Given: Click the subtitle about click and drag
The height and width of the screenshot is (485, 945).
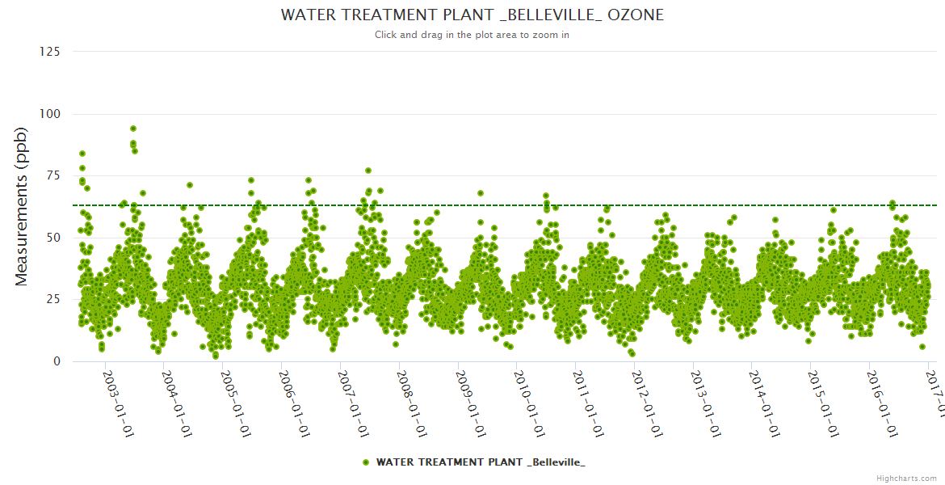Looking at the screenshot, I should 472,35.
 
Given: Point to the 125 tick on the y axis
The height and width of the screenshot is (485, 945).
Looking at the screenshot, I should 49,52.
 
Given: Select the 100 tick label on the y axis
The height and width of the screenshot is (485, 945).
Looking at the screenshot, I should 49,114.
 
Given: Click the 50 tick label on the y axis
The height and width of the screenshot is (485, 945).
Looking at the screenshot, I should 52,238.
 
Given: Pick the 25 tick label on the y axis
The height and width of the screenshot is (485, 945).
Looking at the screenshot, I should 52,299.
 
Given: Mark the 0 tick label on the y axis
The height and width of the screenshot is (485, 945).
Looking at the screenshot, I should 57,361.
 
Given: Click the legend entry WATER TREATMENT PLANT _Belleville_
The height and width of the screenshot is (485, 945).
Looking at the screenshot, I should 481,462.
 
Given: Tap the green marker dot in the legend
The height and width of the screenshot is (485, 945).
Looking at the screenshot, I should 366,462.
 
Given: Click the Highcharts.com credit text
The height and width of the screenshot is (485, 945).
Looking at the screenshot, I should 906,478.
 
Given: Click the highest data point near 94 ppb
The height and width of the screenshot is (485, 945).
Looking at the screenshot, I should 133,129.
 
